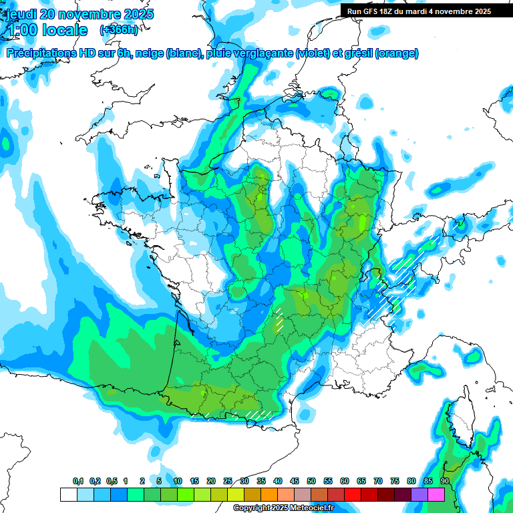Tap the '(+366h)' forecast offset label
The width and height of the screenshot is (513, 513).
tap(118, 30)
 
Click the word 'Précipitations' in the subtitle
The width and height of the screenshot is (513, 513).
tap(42, 53)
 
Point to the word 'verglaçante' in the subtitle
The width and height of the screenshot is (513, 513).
tap(265, 53)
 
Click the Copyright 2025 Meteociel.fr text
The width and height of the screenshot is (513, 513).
tap(284, 508)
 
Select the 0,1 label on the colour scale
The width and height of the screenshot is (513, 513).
tap(78, 482)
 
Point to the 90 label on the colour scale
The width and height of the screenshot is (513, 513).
tap(444, 482)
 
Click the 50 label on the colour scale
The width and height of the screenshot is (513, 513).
tap(311, 482)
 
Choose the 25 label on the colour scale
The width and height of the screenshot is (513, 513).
tap(228, 482)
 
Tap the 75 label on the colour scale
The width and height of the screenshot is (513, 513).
tap(395, 482)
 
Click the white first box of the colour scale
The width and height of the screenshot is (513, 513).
tap(68, 495)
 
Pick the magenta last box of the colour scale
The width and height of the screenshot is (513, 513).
tap(436, 495)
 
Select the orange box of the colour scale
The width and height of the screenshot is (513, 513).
tap(269, 495)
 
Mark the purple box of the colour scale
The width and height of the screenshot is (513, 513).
tap(419, 495)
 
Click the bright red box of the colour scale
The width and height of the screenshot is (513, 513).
tap(353, 495)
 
